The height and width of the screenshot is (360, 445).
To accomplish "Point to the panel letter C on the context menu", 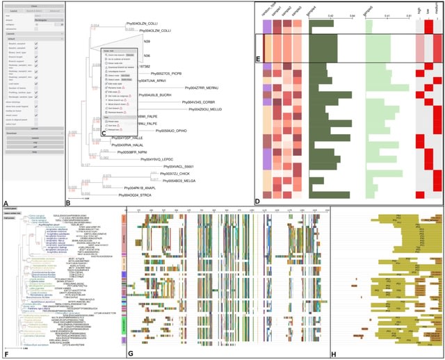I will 103,133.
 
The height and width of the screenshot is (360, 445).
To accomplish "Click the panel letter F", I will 6,354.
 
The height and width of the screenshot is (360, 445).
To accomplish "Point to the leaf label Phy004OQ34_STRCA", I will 126,197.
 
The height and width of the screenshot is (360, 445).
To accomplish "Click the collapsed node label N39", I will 147,42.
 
